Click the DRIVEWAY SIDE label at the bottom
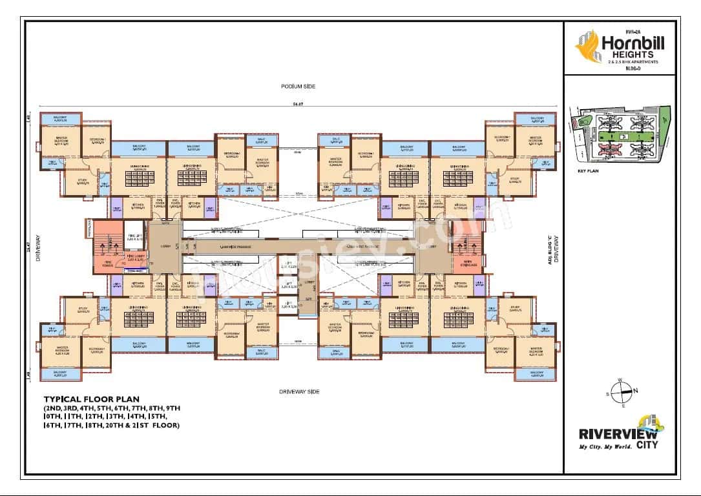pos(299,391)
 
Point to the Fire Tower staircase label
pos(107,263)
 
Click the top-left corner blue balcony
pos(62,119)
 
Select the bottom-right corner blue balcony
pos(537,373)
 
